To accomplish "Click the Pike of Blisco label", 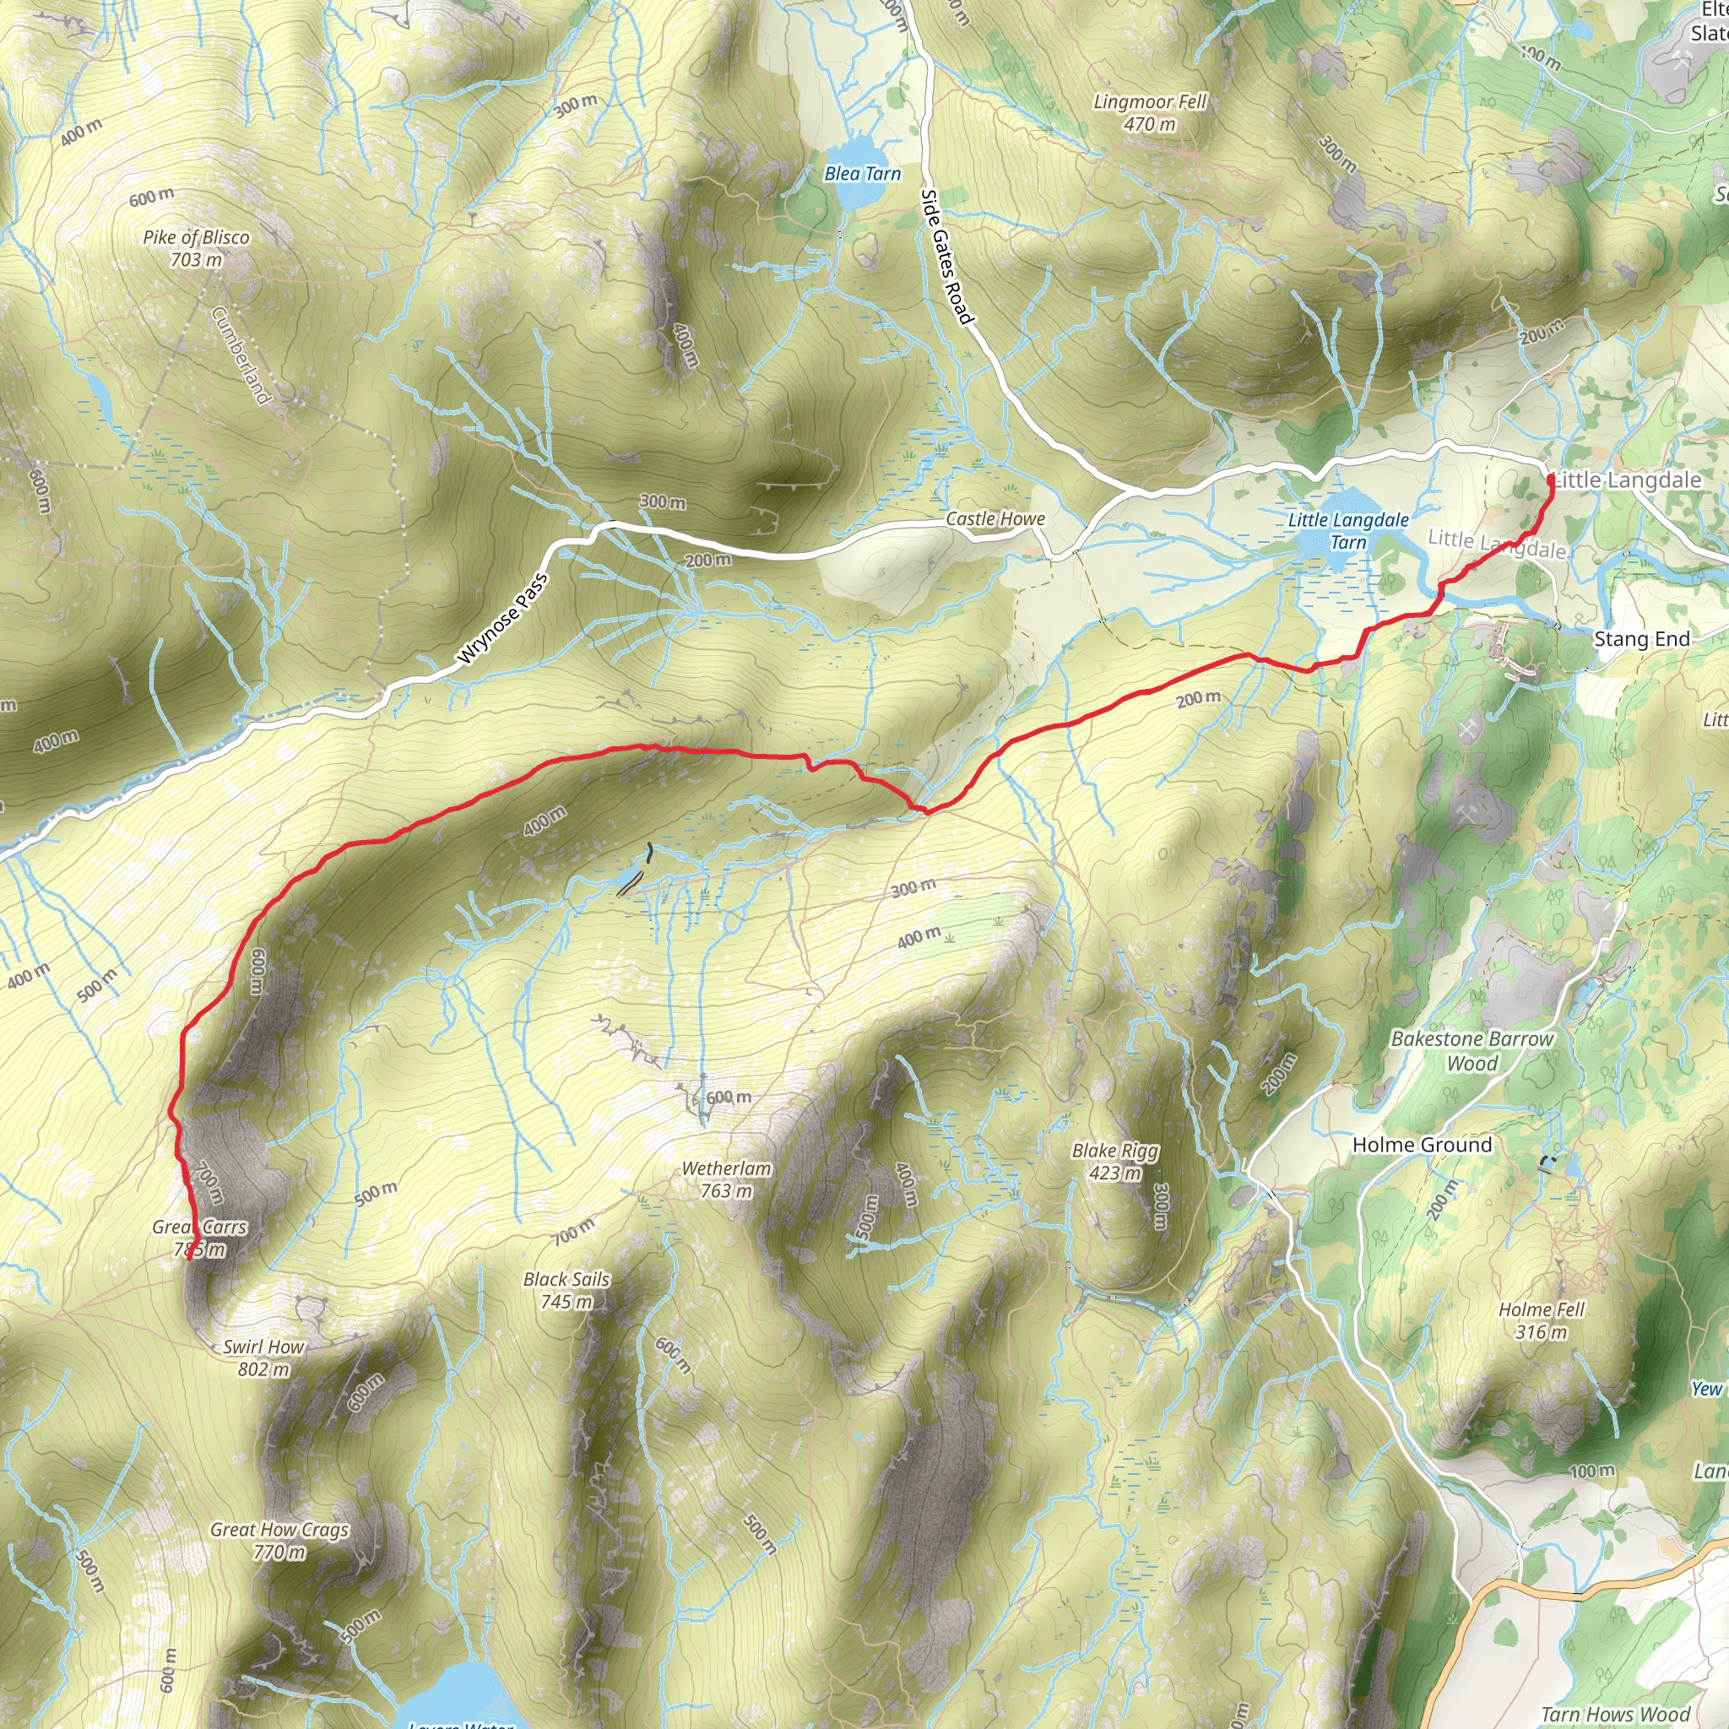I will [196, 248].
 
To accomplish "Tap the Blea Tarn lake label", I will [862, 174].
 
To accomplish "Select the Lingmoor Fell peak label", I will [1150, 113].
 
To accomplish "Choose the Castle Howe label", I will [995, 519].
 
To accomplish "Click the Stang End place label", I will [1642, 639].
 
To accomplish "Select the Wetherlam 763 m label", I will [726, 1179].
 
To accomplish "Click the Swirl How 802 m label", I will [264, 1358].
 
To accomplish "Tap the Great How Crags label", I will [279, 1540].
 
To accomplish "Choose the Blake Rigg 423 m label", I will [1115, 1162].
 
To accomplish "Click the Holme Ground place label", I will [1422, 1145].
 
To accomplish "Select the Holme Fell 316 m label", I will [1541, 1321].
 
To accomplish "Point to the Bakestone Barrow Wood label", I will [1472, 1050].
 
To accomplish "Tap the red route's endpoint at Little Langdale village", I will [1551, 480].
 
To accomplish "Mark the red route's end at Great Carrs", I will [190, 1255].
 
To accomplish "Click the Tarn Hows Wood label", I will [1615, 1714].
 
